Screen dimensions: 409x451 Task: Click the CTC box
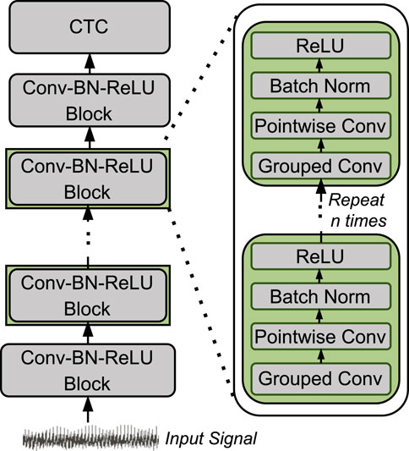90,27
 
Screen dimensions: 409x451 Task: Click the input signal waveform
90,438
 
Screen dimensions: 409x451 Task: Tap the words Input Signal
210,439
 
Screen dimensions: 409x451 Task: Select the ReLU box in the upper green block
320,46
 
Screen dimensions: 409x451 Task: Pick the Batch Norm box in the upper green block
320,85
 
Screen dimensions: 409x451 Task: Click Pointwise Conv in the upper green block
320,125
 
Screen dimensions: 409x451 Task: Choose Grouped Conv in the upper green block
320,166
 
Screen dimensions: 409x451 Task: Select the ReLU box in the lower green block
320,256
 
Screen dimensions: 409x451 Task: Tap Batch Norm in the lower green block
320,296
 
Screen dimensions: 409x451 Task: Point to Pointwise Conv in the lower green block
320,336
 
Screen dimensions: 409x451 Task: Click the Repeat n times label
357,210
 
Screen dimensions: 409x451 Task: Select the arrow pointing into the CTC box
90,63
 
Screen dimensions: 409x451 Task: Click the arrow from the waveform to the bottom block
88,410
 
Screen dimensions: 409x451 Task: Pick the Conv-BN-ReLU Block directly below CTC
90,100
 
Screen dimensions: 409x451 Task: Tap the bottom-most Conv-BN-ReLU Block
88,370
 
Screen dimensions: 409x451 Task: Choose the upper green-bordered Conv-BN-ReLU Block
88,179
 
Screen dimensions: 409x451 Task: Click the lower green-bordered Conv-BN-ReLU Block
88,295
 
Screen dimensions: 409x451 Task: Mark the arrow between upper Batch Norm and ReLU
319,65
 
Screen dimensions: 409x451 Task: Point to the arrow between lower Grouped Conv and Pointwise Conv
321,356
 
